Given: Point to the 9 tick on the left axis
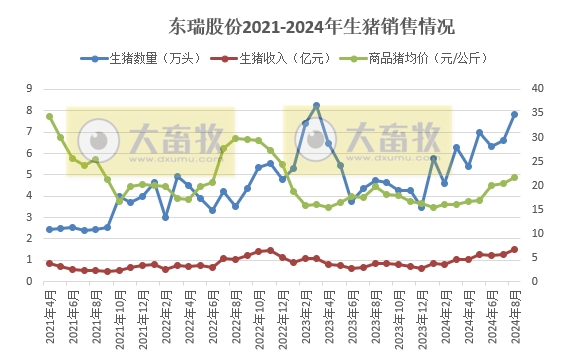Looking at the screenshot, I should click(x=30, y=88).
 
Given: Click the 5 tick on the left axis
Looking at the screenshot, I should click(x=30, y=174).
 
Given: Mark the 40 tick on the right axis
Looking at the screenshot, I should click(x=536, y=88).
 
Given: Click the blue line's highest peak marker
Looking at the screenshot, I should click(x=317, y=105).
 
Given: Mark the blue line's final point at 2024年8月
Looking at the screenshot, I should click(x=514, y=114).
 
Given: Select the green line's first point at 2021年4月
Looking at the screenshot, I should click(x=49, y=116).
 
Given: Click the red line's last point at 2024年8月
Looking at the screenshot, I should click(x=514, y=250).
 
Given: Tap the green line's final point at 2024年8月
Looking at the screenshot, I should click(x=514, y=177).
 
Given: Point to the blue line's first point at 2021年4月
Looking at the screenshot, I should click(x=49, y=229).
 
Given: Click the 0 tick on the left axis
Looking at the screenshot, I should click(x=30, y=281).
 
